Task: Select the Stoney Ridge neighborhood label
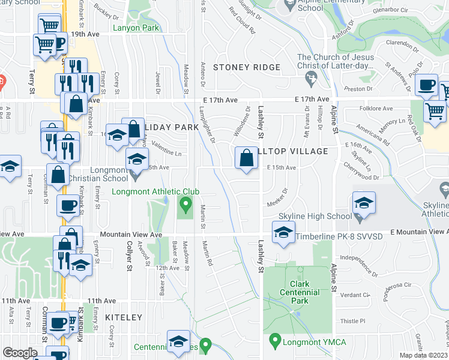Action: pyautogui.click(x=238, y=68)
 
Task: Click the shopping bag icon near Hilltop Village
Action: pyautogui.click(x=246, y=158)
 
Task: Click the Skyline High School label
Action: pyautogui.click(x=306, y=216)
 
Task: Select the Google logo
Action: pyautogui.click(x=20, y=353)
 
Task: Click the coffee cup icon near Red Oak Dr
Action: pyautogui.click(x=427, y=86)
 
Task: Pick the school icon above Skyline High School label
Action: pyautogui.click(x=364, y=203)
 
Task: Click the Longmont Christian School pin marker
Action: pyautogui.click(x=137, y=176)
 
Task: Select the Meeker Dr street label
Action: pyautogui.click(x=277, y=191)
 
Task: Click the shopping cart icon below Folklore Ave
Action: pyautogui.click(x=435, y=111)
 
